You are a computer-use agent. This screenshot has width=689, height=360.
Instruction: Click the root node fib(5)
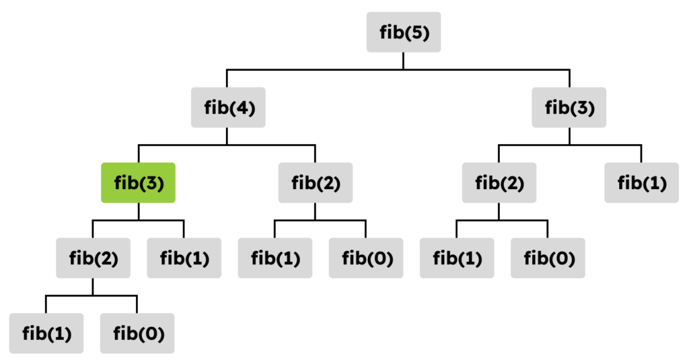[404, 32]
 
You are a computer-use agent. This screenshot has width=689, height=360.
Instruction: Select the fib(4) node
[228, 107]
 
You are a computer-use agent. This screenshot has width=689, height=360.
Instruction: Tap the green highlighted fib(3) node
[138, 182]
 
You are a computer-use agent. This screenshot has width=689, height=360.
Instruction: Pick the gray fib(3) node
[569, 107]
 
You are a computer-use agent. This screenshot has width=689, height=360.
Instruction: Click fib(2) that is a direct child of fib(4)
[315, 182]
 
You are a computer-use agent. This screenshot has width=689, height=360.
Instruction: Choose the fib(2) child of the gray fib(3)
[499, 182]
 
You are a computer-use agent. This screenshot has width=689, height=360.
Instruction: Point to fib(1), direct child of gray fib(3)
[641, 182]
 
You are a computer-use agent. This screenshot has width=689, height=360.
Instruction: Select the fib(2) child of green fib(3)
[93, 258]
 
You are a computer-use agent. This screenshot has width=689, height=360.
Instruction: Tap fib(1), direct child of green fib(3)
[184, 258]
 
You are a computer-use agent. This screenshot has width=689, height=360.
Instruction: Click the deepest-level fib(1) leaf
[46, 333]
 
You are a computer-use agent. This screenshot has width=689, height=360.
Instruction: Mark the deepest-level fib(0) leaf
[137, 333]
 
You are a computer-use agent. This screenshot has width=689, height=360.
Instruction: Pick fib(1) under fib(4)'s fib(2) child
[275, 258]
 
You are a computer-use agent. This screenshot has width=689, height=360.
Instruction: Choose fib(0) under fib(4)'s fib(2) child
[366, 258]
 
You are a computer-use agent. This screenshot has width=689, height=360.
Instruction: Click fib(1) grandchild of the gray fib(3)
[457, 258]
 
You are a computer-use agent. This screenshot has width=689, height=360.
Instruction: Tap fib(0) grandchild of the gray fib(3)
[548, 258]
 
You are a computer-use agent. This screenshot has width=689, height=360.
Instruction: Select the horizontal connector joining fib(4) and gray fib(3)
[398, 69]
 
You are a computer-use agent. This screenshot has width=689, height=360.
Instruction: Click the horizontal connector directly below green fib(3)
[138, 220]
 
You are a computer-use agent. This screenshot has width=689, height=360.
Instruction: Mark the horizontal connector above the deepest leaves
[92, 296]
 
